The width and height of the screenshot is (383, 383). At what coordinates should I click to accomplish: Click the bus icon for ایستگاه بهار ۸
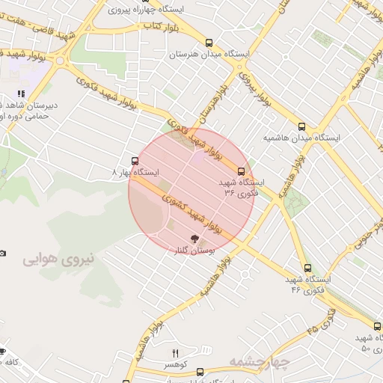pyautogui.click(x=135, y=160)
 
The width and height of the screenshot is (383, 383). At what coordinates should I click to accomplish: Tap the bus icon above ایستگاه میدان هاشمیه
pyautogui.click(x=301, y=126)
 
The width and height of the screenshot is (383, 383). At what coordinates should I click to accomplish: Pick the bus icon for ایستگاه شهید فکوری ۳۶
pyautogui.click(x=241, y=171)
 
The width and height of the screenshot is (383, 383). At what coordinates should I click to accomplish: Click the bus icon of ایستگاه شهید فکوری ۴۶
pyautogui.click(x=307, y=267)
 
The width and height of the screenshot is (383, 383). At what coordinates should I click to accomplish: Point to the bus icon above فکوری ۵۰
pyautogui.click(x=378, y=325)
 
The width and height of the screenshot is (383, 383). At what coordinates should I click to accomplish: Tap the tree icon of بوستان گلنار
pyautogui.click(x=195, y=239)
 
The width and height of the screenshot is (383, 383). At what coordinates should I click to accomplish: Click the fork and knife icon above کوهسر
pyautogui.click(x=176, y=353)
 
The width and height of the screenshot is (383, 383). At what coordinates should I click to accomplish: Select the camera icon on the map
pyautogui.click(x=3, y=254)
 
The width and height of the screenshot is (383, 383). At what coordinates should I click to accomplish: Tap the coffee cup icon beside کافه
pyautogui.click(x=2, y=351)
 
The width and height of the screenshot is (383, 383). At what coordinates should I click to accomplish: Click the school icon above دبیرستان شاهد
pyautogui.click(x=21, y=94)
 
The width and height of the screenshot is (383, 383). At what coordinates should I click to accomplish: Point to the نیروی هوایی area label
pyautogui.click(x=59, y=260)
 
